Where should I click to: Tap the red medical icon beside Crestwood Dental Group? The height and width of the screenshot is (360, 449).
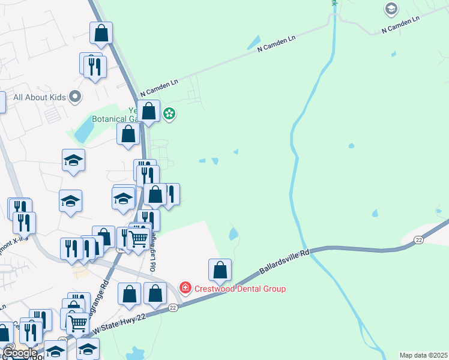click(x=185, y=288)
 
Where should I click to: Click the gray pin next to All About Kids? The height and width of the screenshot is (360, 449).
click(x=75, y=97)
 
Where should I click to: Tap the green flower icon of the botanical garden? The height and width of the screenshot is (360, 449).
click(x=170, y=113)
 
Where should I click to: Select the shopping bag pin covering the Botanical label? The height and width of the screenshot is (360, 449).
click(x=148, y=111)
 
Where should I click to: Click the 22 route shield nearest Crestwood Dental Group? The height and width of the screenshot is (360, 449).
click(x=173, y=308)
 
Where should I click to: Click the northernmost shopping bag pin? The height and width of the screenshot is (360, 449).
click(x=101, y=33)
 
